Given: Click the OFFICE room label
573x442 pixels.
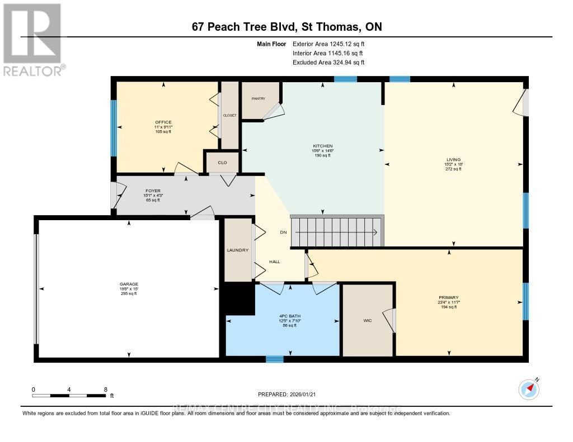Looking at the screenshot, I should [163, 122].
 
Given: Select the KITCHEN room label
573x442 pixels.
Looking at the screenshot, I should [323, 146].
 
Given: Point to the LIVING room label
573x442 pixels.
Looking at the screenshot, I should [453, 159].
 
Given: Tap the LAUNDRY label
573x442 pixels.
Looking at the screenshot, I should [238, 250].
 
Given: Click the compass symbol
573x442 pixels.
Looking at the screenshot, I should [528, 388].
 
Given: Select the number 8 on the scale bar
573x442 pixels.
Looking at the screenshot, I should [105, 389].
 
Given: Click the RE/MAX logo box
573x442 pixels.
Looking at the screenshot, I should [31, 34].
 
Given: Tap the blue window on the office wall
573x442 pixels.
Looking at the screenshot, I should [114, 128].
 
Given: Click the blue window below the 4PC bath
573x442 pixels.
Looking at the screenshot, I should [274, 359].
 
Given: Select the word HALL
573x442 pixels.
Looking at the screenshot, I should [274, 262].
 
